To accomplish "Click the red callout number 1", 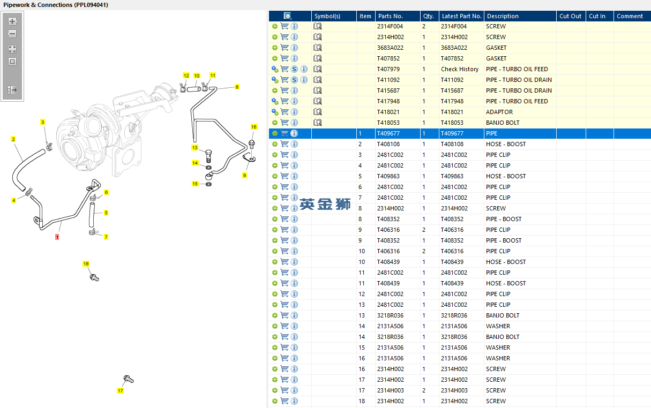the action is pyautogui.click(x=57, y=237).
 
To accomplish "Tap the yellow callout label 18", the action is pyautogui.click(x=86, y=263).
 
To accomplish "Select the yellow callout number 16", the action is pyautogui.click(x=254, y=127).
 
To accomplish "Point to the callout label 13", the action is pyautogui.click(x=194, y=148).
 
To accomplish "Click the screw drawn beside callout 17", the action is pyautogui.click(x=128, y=379).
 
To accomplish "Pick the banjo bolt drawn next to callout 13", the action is pyautogui.click(x=208, y=156).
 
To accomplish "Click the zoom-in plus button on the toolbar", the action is pyautogui.click(x=12, y=21).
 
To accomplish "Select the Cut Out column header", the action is pyautogui.click(x=570, y=16).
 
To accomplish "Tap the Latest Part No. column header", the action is pyautogui.click(x=461, y=16).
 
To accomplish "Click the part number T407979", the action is pyautogui.click(x=388, y=69).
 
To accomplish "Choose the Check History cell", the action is pyautogui.click(x=460, y=69).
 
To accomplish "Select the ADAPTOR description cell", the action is pyautogui.click(x=499, y=112).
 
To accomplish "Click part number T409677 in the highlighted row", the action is pyautogui.click(x=388, y=133).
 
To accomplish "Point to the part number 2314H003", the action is pyautogui.click(x=390, y=390).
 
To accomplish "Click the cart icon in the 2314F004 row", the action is pyautogui.click(x=285, y=26).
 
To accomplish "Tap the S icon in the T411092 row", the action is pyautogui.click(x=294, y=80).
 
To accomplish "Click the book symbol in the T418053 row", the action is pyautogui.click(x=317, y=123).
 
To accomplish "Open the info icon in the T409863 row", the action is pyautogui.click(x=294, y=176).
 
